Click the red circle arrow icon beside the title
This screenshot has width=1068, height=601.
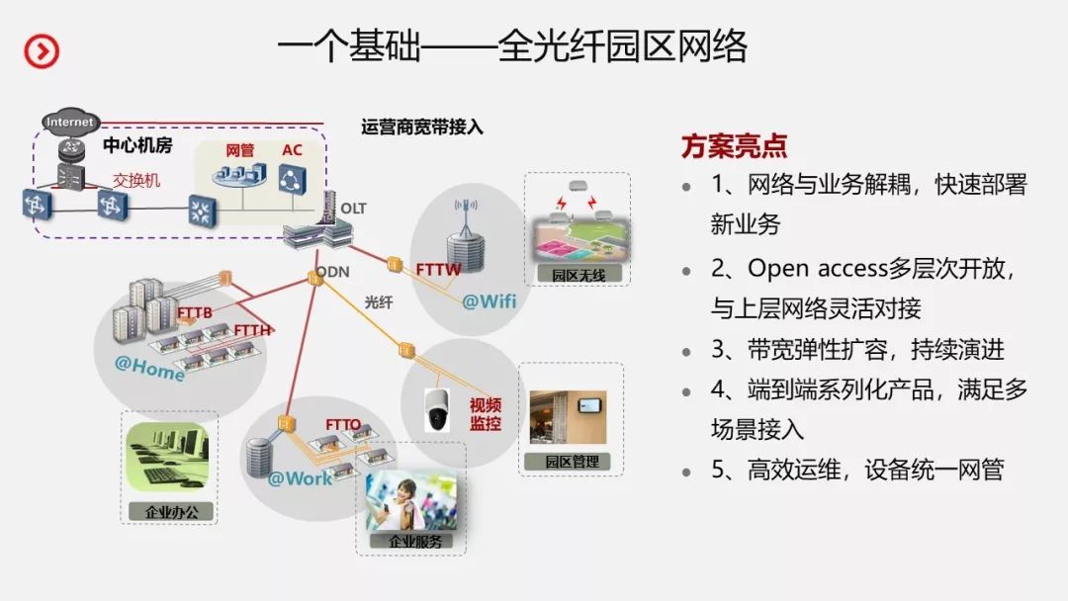tap(42, 51)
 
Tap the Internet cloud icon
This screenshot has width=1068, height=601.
tap(70, 122)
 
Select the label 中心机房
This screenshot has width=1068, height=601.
tap(137, 145)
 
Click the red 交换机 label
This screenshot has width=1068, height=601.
tap(135, 181)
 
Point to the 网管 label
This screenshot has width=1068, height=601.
tap(240, 150)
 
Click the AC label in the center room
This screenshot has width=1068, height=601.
tap(292, 150)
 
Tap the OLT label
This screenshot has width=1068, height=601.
tap(353, 209)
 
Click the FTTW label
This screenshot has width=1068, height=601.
tap(438, 268)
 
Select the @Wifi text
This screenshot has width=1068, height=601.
tap(489, 300)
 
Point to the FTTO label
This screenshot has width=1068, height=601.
tap(343, 425)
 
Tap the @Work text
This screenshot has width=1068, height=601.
tap(301, 478)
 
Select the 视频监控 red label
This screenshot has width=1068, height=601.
tap(486, 414)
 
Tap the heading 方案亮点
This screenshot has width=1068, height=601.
tap(734, 146)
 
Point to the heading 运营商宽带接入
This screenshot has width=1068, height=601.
tap(422, 127)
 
